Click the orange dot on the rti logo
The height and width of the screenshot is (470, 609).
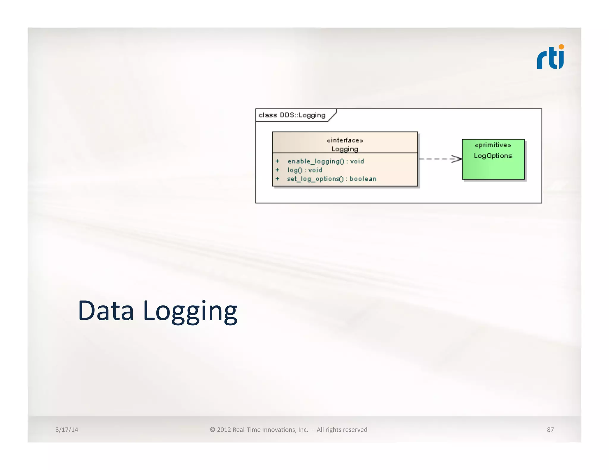tap(561, 47)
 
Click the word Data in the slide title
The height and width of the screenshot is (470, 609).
tap(106, 311)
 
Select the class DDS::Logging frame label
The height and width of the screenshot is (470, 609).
tap(292, 115)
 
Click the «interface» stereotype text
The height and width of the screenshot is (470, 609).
tap(345, 140)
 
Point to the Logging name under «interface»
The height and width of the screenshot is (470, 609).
tap(345, 149)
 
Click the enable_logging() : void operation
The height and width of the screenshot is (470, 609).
tap(326, 161)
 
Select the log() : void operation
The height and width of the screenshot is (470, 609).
tap(304, 170)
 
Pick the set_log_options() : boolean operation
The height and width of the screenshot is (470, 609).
tap(332, 179)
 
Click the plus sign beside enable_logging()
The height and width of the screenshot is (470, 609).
tap(277, 161)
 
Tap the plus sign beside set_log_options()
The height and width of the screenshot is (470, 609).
tap(277, 179)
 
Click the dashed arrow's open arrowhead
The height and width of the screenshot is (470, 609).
tap(456, 159)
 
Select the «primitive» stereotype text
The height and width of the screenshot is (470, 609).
tap(493, 145)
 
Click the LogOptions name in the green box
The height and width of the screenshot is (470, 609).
tap(493, 156)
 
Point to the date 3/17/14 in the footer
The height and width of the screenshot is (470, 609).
tap(67, 430)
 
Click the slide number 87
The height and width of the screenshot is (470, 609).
tap(550, 430)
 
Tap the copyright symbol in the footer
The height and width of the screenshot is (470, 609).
tap(212, 430)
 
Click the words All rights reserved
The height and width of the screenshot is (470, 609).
tap(342, 430)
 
